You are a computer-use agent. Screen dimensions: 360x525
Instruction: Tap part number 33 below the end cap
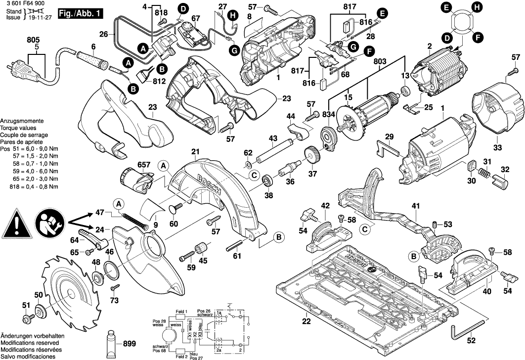[497, 147]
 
